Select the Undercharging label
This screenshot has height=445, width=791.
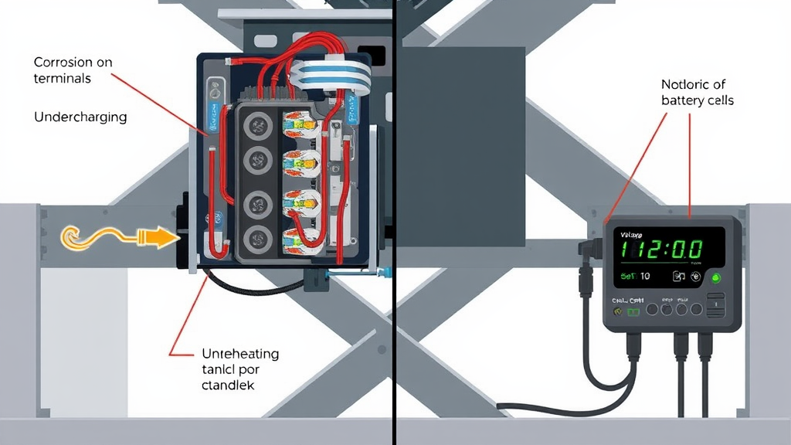80,117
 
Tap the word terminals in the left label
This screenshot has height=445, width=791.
63,78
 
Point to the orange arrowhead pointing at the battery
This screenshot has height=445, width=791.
161,237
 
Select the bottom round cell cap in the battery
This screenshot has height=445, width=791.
256,239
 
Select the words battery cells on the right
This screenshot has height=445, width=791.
698,100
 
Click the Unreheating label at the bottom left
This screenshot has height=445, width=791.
239,354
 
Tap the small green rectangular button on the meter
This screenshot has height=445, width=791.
635,311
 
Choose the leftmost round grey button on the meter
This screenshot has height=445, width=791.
651,309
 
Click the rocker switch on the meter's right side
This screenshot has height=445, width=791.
718,308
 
